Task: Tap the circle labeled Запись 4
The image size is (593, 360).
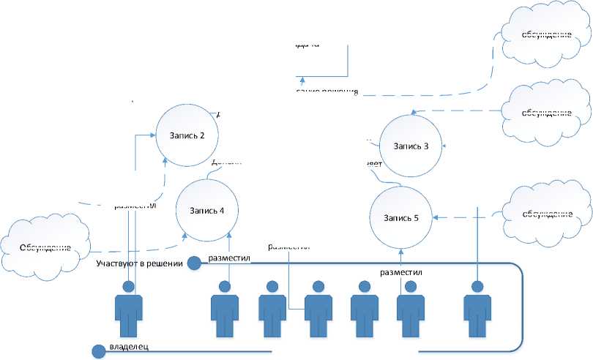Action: tap(206, 211)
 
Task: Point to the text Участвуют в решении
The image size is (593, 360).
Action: tap(139, 263)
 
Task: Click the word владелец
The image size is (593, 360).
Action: tap(130, 347)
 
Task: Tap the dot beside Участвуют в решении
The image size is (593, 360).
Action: tap(195, 263)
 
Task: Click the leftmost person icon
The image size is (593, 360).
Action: tap(130, 312)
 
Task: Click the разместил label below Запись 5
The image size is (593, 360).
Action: tap(400, 273)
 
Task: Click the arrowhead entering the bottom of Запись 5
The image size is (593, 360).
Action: tap(400, 251)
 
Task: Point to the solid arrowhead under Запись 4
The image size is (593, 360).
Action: tap(230, 235)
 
